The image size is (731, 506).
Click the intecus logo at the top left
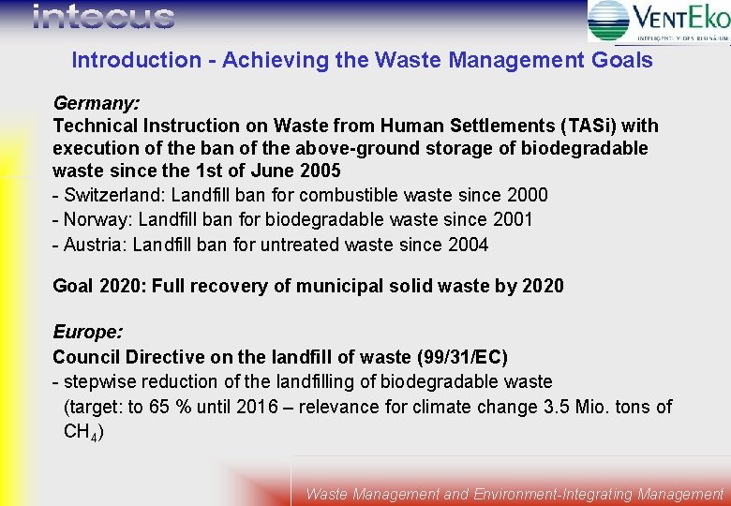103,17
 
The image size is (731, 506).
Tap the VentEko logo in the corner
659,21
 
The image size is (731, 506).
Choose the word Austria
92,245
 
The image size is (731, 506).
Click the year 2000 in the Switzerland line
527,196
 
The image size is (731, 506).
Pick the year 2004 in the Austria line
468,245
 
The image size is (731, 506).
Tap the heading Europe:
87,333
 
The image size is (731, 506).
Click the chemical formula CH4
82,432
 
